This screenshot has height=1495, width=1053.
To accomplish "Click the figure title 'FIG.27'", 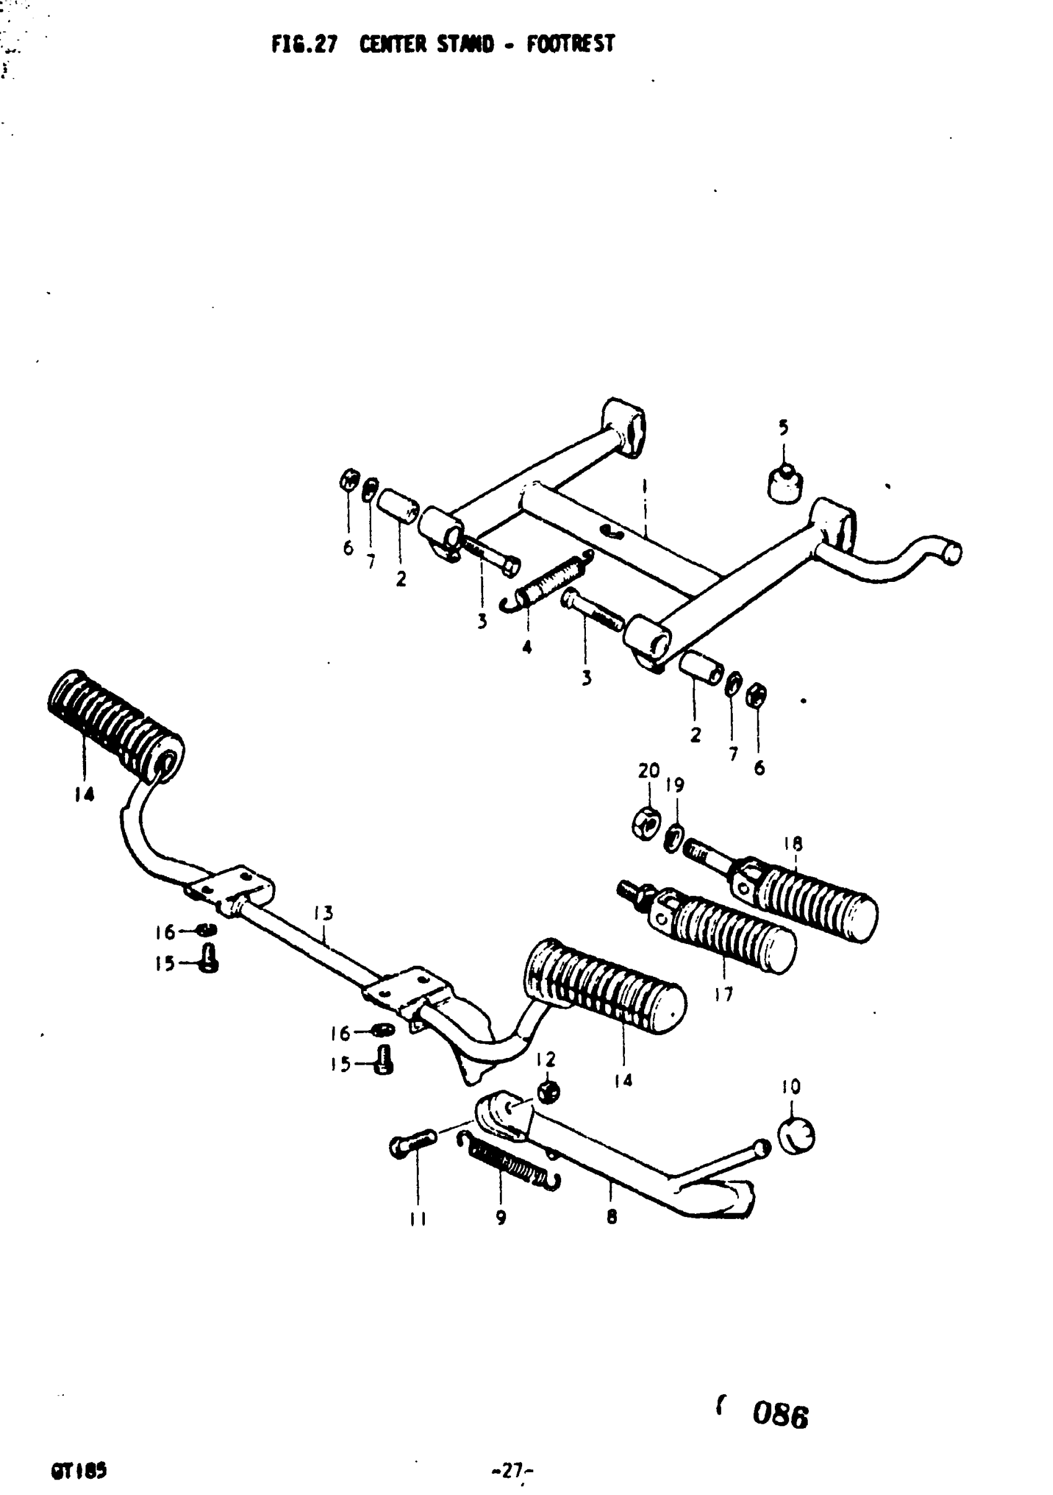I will [x=304, y=45].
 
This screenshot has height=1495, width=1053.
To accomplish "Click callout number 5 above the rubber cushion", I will [x=783, y=428].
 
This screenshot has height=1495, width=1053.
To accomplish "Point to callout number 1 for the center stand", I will [x=644, y=486].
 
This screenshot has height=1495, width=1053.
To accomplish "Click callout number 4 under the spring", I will [x=526, y=648].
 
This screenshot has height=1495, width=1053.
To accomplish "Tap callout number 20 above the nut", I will [x=649, y=771].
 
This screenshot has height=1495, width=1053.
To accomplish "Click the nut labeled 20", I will [x=647, y=825].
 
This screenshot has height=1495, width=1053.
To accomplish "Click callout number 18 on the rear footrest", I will [x=793, y=844].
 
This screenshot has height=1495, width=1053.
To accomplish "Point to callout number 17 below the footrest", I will [x=723, y=994].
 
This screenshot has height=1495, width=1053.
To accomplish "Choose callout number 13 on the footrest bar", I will [x=323, y=914].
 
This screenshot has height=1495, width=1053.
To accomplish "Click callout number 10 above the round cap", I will [x=791, y=1086].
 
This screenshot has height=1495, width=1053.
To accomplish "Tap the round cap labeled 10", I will [x=797, y=1135].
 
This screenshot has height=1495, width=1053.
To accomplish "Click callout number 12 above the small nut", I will [x=546, y=1059].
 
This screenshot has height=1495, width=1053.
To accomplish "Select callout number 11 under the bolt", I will [x=417, y=1219].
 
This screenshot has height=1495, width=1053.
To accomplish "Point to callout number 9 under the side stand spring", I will [x=500, y=1218].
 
